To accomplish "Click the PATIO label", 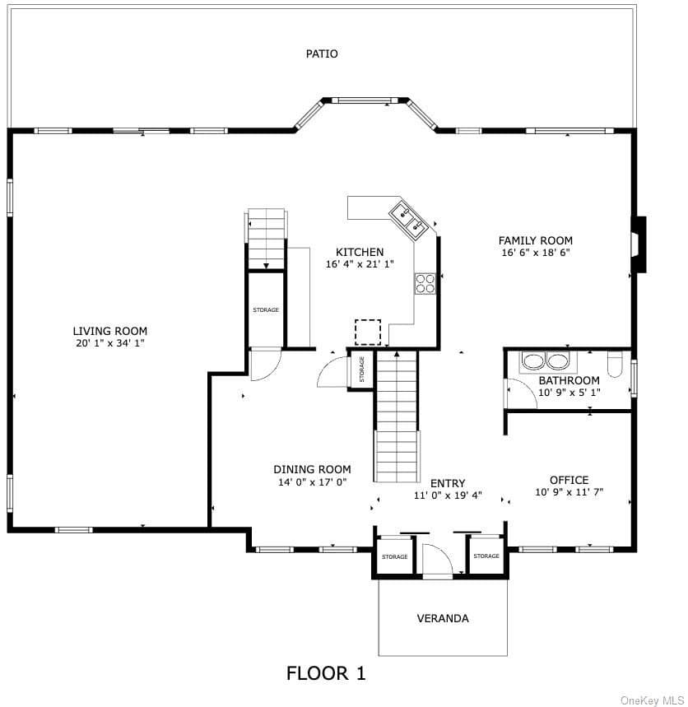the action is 322,53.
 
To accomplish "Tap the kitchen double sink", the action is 408,220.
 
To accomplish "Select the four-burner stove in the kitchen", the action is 425,284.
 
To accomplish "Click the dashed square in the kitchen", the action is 368,332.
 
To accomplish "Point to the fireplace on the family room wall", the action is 639,244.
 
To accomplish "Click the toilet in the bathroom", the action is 615,364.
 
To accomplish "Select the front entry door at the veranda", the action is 437,561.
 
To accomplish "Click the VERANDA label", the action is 443,618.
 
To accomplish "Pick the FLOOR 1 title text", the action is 326,673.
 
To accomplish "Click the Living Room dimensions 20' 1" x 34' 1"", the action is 110,343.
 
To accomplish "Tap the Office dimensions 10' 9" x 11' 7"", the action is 569,492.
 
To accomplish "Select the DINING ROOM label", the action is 312,469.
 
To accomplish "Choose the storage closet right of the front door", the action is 486,556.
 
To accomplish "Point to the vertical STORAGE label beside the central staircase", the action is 361,370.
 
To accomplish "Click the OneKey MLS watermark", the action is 653,700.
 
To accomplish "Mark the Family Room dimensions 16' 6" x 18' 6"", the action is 536,253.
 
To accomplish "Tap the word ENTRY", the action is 448,483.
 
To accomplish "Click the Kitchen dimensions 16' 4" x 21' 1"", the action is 360,263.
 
